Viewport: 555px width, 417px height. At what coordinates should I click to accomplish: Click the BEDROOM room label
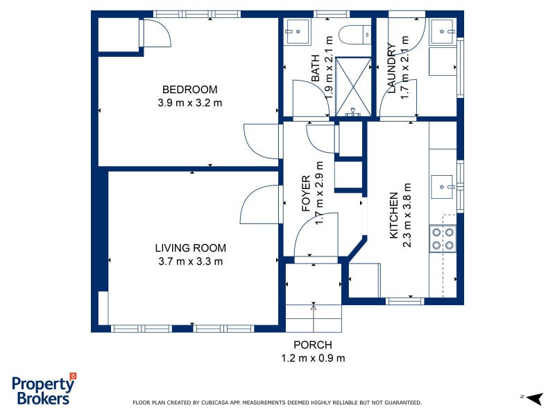tap(189, 90)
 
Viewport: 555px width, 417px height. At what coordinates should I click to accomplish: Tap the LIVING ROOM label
tap(190, 248)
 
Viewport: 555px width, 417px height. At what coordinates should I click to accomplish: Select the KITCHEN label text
tap(393, 215)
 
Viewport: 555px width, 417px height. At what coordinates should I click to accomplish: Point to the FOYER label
tap(306, 193)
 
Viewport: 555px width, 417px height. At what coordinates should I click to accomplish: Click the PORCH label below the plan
tap(313, 345)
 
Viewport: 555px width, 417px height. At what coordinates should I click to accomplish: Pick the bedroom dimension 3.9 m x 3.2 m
tap(189, 103)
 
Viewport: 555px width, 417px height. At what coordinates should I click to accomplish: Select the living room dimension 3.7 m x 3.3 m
tap(190, 262)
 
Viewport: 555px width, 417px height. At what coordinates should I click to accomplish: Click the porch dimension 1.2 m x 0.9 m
tap(313, 358)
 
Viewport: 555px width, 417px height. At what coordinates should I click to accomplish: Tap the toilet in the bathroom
tap(355, 35)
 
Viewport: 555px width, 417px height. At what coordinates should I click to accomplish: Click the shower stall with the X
tap(353, 87)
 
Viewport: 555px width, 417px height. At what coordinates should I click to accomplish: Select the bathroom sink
tap(298, 31)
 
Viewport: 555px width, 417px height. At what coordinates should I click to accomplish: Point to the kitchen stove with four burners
tap(443, 238)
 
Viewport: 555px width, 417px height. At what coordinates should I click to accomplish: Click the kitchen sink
tap(443, 187)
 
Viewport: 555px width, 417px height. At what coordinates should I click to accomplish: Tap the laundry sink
tap(443, 32)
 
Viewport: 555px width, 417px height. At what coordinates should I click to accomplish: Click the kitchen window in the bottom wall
tap(404, 302)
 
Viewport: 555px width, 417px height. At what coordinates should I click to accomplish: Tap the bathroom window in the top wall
tap(332, 14)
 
